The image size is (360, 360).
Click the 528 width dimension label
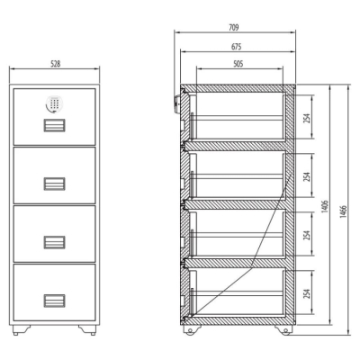pos(55,64)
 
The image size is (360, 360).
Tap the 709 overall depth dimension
pos(234,28)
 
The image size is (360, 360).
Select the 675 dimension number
pos(237,47)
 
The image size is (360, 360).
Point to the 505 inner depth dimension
pos(238,64)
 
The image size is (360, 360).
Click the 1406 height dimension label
pos(325,207)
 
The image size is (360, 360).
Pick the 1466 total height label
pos(343,211)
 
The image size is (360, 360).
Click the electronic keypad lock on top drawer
pos(54,103)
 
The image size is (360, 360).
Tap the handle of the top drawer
pos(54,125)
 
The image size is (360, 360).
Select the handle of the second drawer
pos(54,184)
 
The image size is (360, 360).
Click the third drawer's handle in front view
pos(54,242)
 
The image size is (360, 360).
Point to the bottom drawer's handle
pos(54,301)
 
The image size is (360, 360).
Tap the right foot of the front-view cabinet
pos(87,329)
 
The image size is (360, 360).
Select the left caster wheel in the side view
pos(190,330)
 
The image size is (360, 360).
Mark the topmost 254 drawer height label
pos(306,116)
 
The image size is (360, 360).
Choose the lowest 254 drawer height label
pos(306,294)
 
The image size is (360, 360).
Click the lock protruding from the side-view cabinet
pos(177,103)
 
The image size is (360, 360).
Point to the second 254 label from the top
pos(306,175)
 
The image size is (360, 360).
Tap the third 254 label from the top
pos(306,235)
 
